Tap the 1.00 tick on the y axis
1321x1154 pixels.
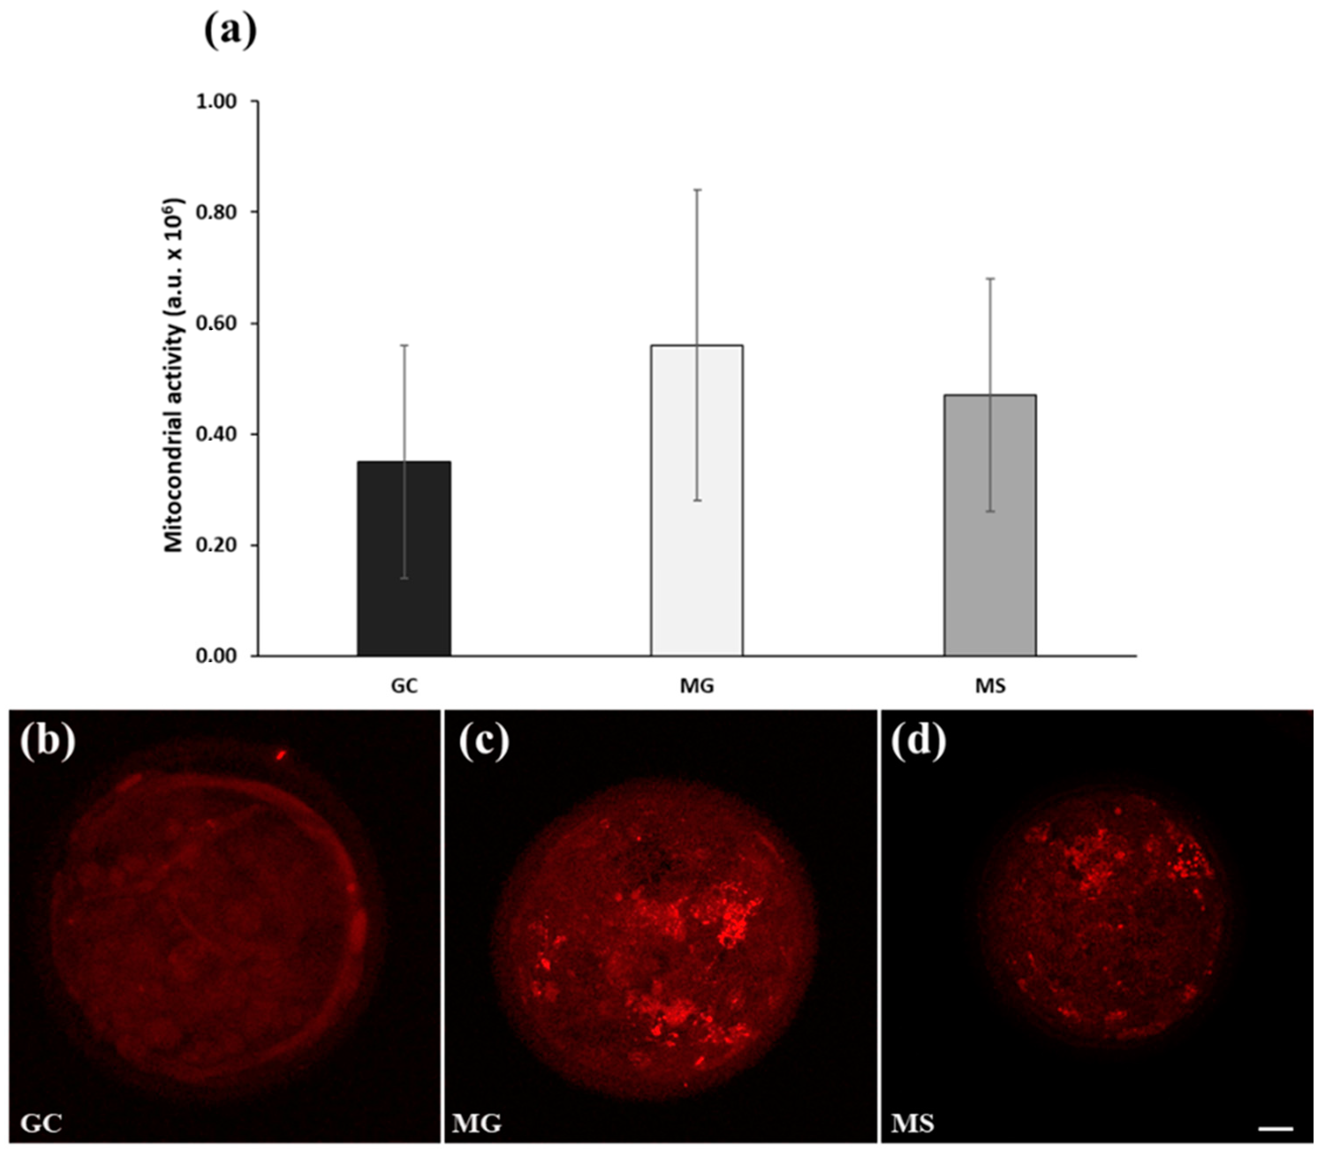216,102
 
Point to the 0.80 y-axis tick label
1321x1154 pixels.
216,212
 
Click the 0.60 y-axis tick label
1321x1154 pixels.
216,323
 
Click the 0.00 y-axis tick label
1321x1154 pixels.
216,656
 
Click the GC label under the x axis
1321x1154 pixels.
404,686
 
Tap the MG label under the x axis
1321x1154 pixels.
697,686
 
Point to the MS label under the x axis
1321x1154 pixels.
990,686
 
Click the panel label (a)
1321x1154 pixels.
231,31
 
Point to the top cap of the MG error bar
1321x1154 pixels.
697,190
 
